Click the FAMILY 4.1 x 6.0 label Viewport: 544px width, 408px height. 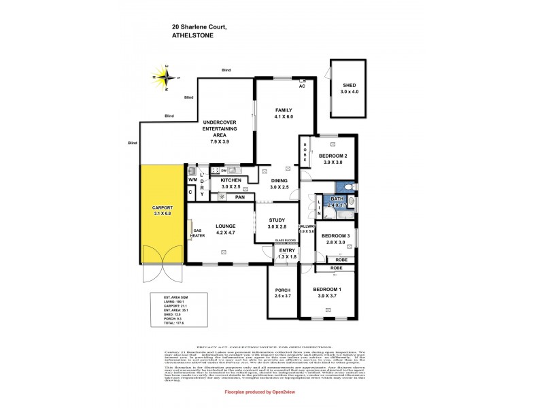click(x=283, y=113)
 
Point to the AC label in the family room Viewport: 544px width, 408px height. click(x=303, y=86)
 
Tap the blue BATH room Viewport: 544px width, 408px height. click(x=337, y=202)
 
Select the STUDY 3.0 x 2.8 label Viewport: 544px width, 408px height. click(x=276, y=222)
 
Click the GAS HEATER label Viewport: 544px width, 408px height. click(x=199, y=233)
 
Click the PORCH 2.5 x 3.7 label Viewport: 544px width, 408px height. click(x=283, y=293)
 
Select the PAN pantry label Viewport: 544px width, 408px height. click(x=239, y=197)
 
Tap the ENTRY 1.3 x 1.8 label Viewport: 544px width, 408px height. click(x=288, y=254)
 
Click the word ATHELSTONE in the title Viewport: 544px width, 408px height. click(x=194, y=35)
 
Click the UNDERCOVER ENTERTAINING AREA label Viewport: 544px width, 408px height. click(x=220, y=133)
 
